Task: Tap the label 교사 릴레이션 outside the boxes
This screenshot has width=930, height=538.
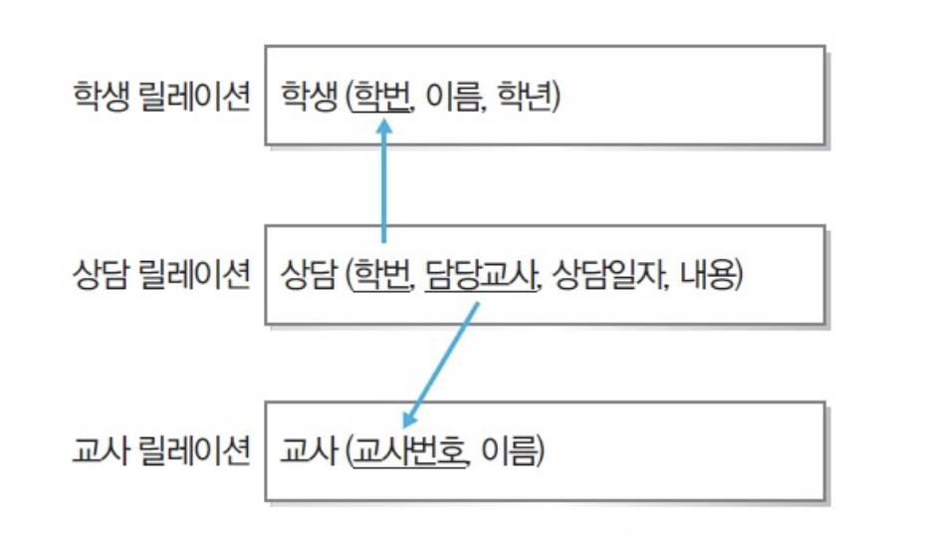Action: (160, 453)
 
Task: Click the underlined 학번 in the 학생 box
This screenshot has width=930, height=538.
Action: (380, 98)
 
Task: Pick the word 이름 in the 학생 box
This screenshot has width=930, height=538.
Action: (453, 98)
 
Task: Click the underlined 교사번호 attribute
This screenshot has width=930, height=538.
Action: (411, 452)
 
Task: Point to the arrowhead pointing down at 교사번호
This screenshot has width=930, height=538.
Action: (410, 421)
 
